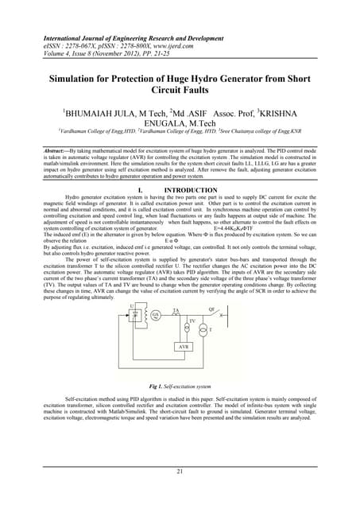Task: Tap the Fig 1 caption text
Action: pyautogui.click(x=180, y=387)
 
